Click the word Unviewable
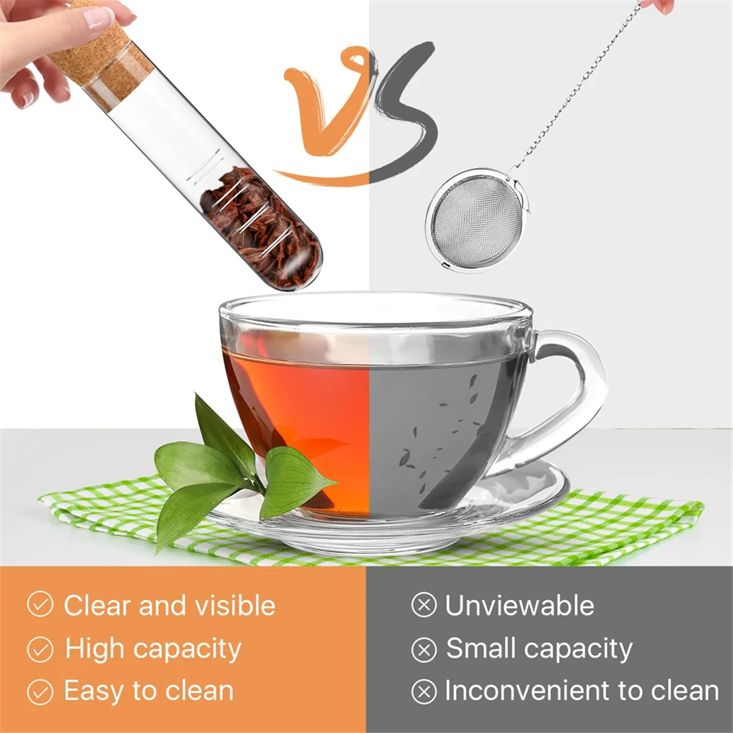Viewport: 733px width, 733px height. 519,606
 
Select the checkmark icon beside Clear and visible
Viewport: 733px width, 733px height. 40,605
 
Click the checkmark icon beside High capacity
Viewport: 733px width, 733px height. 40,649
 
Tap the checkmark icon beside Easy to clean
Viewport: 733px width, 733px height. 40,692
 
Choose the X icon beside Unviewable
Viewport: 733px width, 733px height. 424,605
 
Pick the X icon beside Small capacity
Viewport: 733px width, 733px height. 424,649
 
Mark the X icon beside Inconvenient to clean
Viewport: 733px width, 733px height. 424,692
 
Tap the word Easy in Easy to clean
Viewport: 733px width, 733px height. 94,691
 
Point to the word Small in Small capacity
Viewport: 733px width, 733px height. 483,648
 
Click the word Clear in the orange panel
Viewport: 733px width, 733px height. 98,605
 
